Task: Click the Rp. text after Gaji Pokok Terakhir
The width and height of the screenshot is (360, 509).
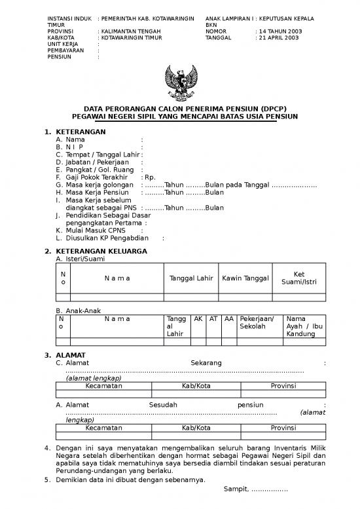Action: coord(150,177)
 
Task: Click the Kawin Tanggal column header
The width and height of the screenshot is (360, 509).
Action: coord(245,278)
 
